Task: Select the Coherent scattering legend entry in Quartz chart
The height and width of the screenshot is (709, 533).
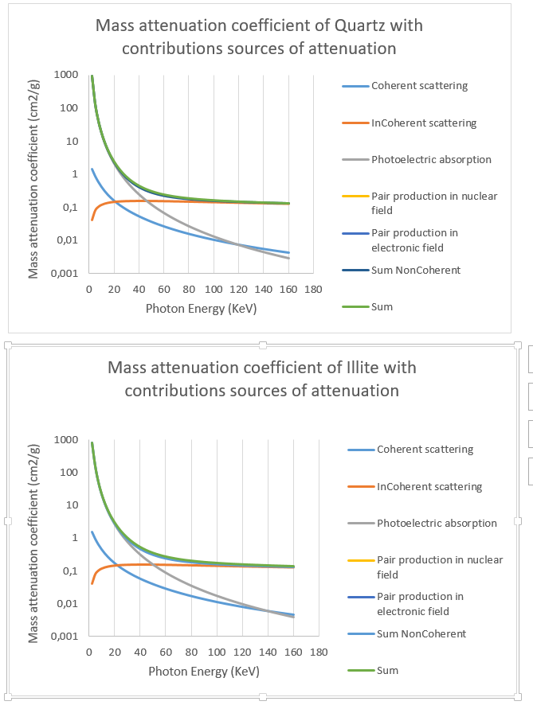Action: pyautogui.click(x=419, y=86)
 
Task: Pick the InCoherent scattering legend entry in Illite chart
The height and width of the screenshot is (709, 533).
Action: pyautogui.click(x=429, y=486)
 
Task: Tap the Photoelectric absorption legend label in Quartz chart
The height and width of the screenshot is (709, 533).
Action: pyautogui.click(x=431, y=159)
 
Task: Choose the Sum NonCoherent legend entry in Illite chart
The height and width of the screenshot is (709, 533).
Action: pyautogui.click(x=421, y=633)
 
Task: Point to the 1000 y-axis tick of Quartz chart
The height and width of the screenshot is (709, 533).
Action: pyautogui.click(x=66, y=75)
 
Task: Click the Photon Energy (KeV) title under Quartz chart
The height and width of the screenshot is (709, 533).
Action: pyautogui.click(x=201, y=308)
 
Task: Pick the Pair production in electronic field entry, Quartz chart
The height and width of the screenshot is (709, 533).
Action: pyautogui.click(x=414, y=240)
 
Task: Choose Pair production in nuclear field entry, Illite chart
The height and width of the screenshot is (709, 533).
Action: pyautogui.click(x=440, y=567)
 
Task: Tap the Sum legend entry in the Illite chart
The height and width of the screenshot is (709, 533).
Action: pyautogui.click(x=387, y=670)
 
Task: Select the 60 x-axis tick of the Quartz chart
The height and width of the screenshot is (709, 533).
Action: pyautogui.click(x=163, y=288)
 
